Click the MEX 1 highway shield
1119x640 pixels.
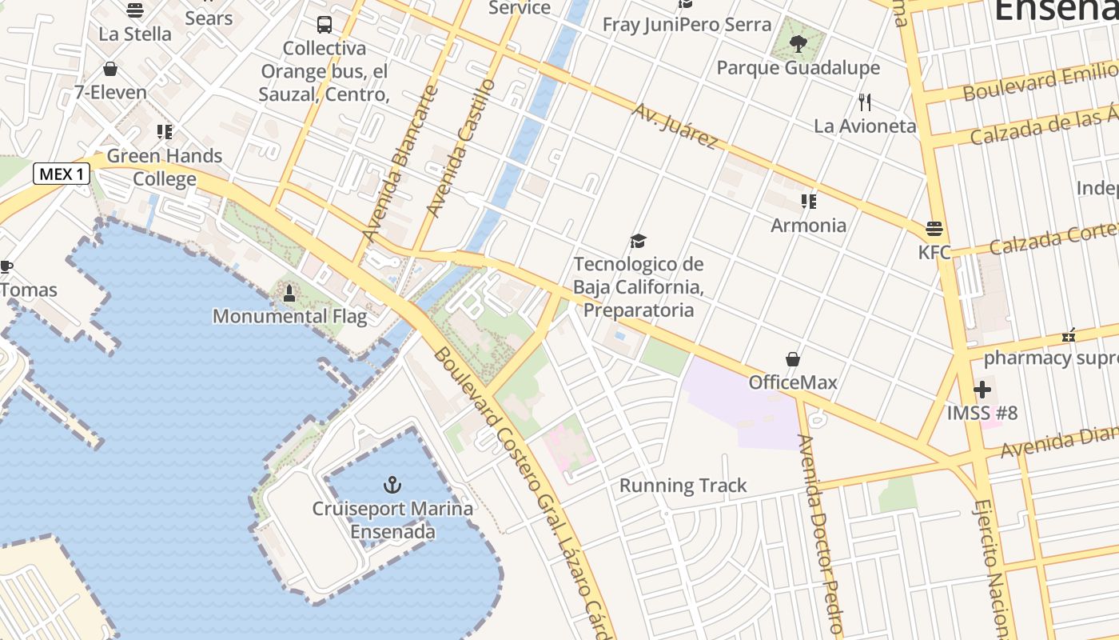click(62, 174)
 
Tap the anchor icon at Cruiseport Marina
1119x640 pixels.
click(392, 485)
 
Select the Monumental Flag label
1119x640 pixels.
click(289, 316)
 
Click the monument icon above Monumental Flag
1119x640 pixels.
click(289, 294)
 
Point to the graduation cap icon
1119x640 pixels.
click(638, 241)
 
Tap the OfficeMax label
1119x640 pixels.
click(793, 382)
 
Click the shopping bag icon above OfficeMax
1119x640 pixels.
click(793, 359)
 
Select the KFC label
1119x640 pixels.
click(934, 253)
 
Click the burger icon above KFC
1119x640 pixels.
click(934, 229)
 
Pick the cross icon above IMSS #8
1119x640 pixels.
click(982, 390)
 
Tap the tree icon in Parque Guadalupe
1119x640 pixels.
click(798, 43)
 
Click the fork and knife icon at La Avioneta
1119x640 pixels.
click(864, 102)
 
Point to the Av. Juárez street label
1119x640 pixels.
click(675, 126)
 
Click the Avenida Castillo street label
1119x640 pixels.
click(462, 149)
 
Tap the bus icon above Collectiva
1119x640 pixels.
click(324, 25)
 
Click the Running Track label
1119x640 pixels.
click(683, 486)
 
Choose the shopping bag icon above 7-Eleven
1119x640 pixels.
click(110, 69)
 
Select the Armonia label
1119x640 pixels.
click(808, 226)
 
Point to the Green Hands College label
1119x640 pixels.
click(165, 167)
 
